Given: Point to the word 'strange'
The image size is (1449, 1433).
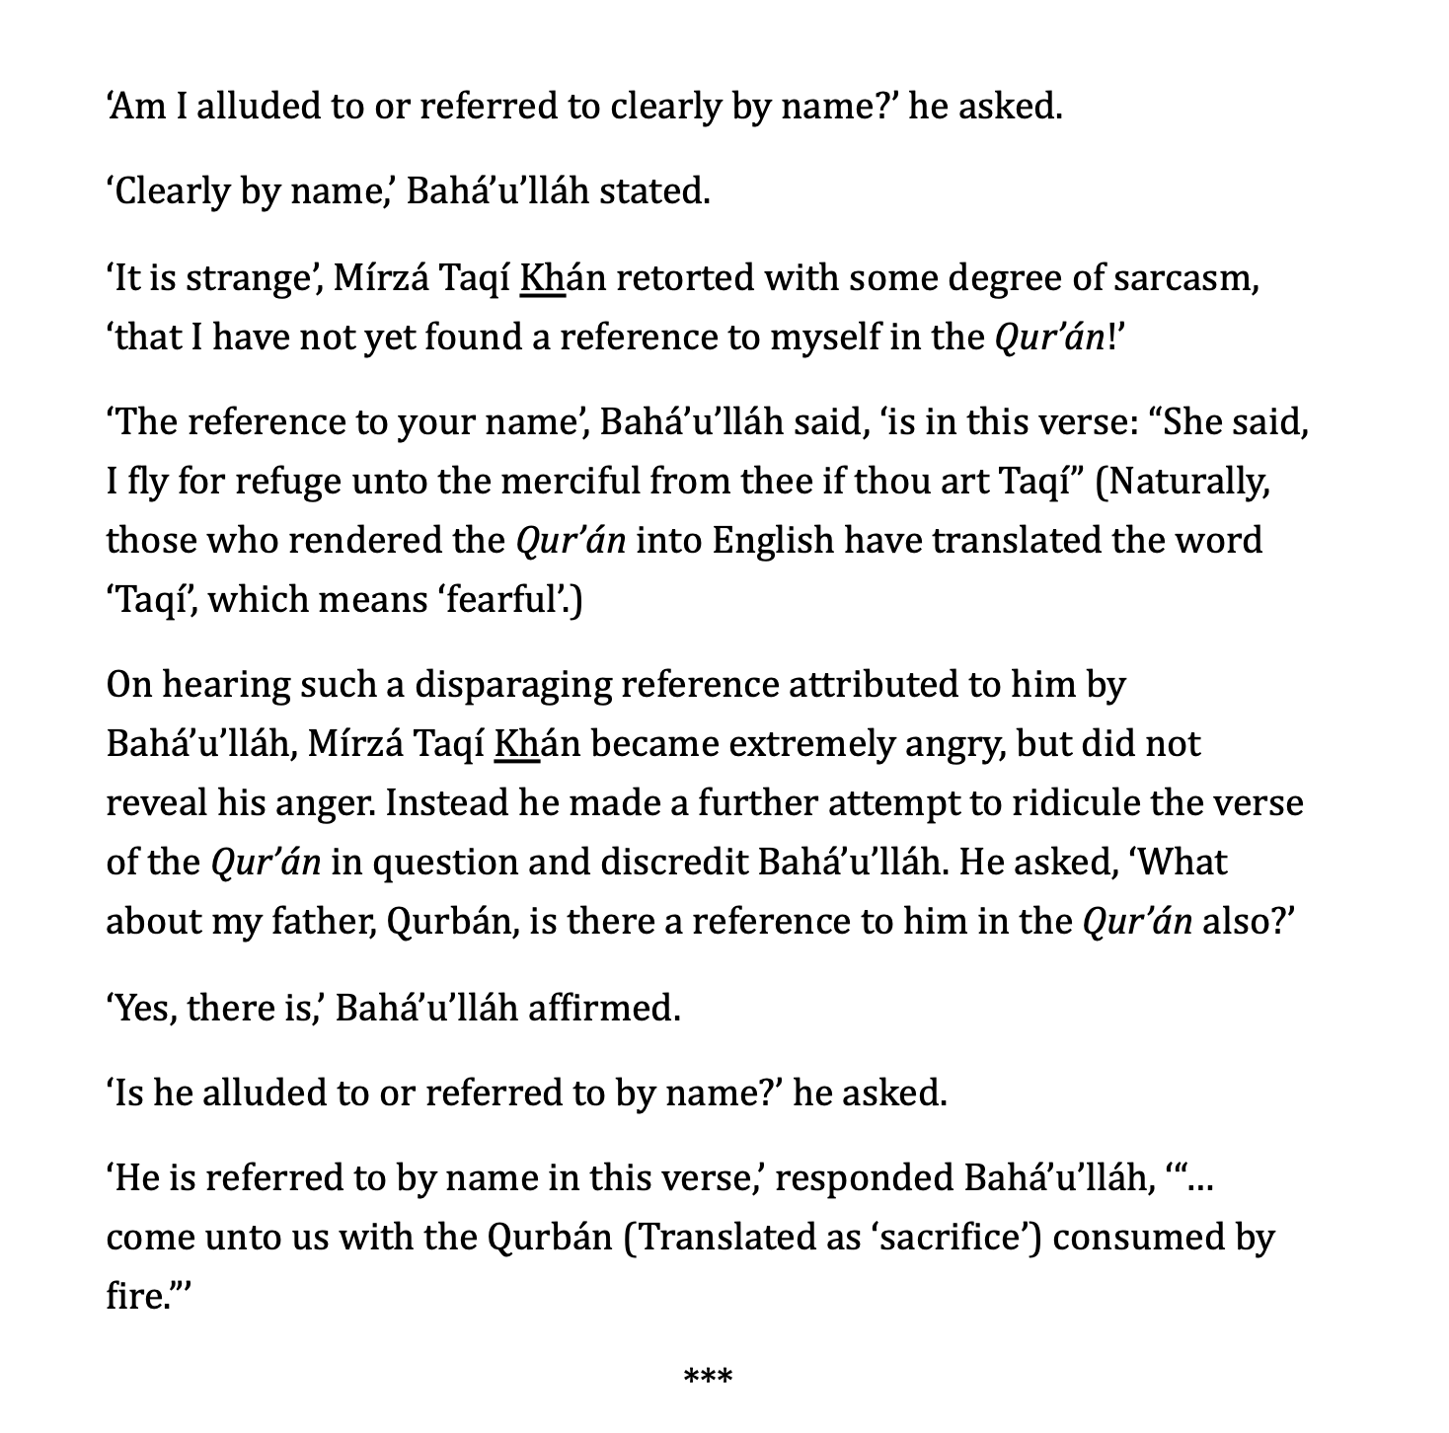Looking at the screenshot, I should (247, 279).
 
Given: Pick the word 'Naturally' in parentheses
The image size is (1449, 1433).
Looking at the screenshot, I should (1187, 483).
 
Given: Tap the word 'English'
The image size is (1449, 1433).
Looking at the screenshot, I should (773, 542).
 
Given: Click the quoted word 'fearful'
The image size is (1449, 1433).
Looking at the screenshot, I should (502, 600).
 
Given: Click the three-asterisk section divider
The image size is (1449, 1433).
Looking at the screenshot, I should (708, 1375).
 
